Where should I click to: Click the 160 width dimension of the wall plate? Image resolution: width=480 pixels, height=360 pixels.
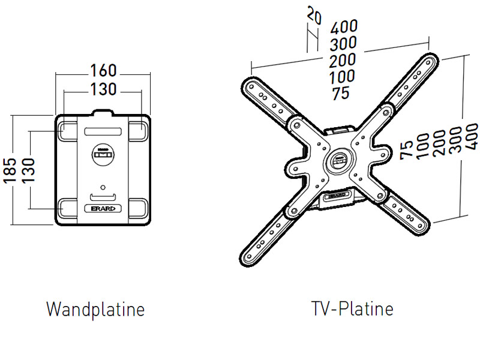[103, 71]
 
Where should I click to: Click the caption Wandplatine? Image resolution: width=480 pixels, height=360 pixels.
[95, 310]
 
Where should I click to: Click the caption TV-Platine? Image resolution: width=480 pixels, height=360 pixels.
[352, 309]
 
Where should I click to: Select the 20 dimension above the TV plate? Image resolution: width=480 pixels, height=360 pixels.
[313, 16]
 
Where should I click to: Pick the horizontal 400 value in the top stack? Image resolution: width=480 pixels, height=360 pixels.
[344, 26]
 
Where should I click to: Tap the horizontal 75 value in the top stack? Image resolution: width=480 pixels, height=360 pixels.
[340, 94]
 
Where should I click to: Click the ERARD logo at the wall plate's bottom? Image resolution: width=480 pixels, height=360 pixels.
[104, 208]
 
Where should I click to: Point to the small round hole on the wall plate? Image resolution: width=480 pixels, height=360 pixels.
[103, 187]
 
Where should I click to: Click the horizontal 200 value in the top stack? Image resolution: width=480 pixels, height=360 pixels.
[343, 60]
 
